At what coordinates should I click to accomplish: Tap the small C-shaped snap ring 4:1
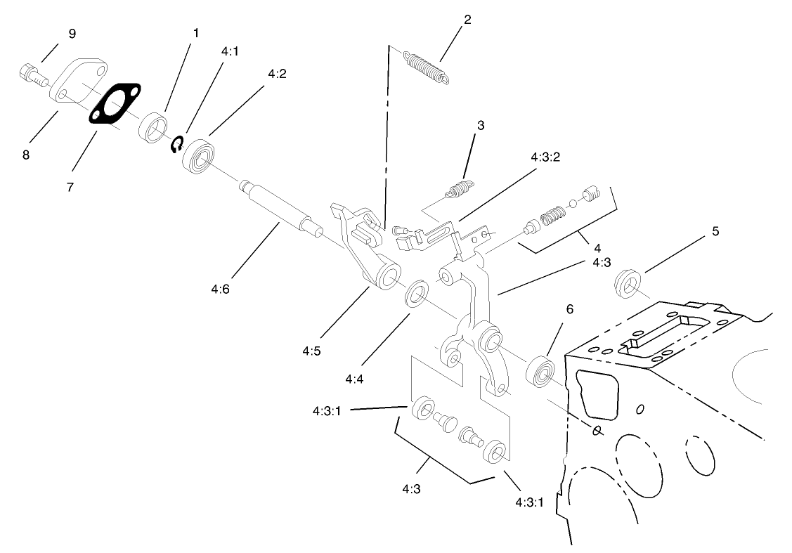[x=177, y=145]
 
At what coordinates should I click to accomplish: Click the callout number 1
[x=196, y=33]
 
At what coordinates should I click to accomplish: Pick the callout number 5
[x=715, y=230]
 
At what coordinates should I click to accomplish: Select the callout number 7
[x=71, y=187]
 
